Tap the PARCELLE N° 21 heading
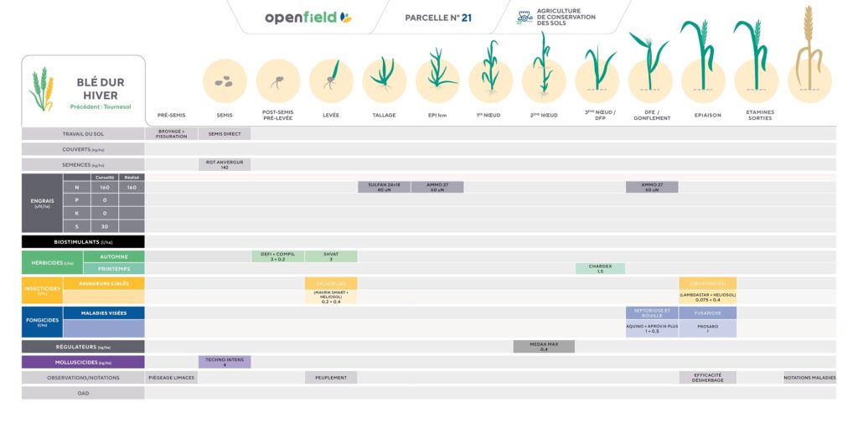pos(438,18)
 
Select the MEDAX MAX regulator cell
pos(544,346)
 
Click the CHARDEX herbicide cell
pos(600,268)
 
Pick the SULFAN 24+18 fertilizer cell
pos(384,187)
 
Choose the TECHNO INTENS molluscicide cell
pos(225,362)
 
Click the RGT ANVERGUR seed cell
pos(225,164)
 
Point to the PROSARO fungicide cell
pos(707,328)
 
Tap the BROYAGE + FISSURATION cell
pos(171,133)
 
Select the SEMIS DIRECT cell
pos(225,133)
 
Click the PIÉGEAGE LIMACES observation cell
pos(171,378)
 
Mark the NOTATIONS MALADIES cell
pos(809,378)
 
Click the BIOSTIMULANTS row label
pos(83,241)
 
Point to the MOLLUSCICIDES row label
pos(83,362)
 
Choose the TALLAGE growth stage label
pos(384,115)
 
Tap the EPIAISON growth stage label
pos(707,115)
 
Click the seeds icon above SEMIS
pos(225,81)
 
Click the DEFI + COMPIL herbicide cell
pos(277,256)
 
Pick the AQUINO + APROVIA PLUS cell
pos(652,328)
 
